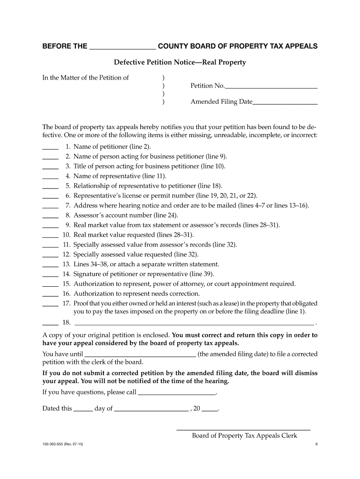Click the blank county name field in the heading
pos(122,47)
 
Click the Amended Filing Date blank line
pos(285,102)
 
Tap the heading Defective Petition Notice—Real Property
pos(180,62)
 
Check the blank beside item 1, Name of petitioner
pos(50,147)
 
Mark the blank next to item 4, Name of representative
pos(50,176)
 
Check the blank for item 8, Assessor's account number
pos(50,216)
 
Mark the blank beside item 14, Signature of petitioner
pos(50,275)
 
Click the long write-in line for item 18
pos(194,323)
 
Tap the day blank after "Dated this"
pos(83,409)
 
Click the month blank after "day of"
pos(151,409)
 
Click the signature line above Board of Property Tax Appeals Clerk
pos(243,428)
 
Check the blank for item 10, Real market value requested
pos(50,235)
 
